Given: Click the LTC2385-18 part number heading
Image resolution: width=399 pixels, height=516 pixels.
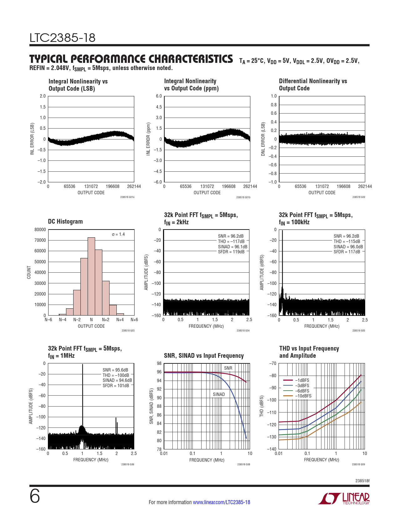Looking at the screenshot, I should tap(62, 38).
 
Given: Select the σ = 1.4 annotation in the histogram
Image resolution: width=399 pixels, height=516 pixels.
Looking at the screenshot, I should tap(118, 234).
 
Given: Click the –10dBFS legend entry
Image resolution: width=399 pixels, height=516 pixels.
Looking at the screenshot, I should tap(303, 396).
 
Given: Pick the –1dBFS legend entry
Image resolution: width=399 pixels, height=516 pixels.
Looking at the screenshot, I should tap(302, 380).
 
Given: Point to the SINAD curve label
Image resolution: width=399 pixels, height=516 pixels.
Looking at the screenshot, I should tap(219, 394).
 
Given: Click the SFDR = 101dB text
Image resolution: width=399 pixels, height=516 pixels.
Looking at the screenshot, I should tap(116, 386).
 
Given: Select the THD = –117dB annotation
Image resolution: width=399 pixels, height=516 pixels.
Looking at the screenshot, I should tap(231, 241).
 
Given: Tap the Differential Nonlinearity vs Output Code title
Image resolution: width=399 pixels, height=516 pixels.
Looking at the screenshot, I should tap(313, 84).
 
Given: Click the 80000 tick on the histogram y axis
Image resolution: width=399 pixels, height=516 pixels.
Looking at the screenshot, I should tap(40, 230).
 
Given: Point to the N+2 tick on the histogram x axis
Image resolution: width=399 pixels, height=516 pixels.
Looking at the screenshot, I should tap(106, 320).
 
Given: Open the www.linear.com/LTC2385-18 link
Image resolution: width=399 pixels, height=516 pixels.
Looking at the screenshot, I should tap(221, 502).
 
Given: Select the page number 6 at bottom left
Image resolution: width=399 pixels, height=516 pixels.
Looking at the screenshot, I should tap(35, 496).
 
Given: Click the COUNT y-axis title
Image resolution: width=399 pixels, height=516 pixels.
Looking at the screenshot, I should tap(29, 272).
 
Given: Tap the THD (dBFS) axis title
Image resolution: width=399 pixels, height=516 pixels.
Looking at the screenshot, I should tap(262, 406).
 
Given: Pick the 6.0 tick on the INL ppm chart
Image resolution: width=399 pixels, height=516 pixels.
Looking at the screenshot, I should tap(159, 96).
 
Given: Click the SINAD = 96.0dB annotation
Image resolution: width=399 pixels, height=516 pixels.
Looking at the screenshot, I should tap(348, 247).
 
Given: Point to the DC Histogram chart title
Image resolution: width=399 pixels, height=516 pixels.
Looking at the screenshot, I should tap(65, 221).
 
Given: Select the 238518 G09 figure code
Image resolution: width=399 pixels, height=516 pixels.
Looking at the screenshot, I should tap(358, 464).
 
